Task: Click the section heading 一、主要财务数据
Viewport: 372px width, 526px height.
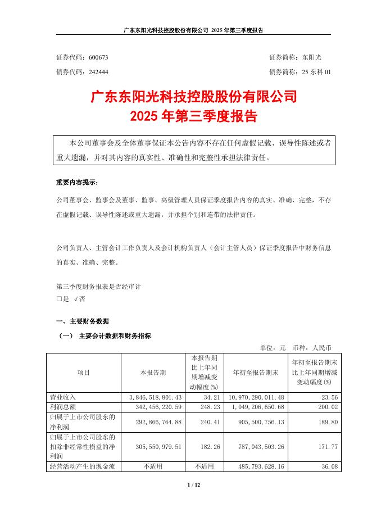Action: click(x=83, y=321)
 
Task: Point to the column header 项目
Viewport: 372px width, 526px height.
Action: click(x=83, y=373)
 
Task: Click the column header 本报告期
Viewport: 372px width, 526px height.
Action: click(x=153, y=373)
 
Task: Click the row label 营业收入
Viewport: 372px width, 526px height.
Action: click(x=63, y=397)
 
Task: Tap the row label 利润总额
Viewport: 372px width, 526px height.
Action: click(x=63, y=406)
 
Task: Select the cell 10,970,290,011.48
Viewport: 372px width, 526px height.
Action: click(x=256, y=397)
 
